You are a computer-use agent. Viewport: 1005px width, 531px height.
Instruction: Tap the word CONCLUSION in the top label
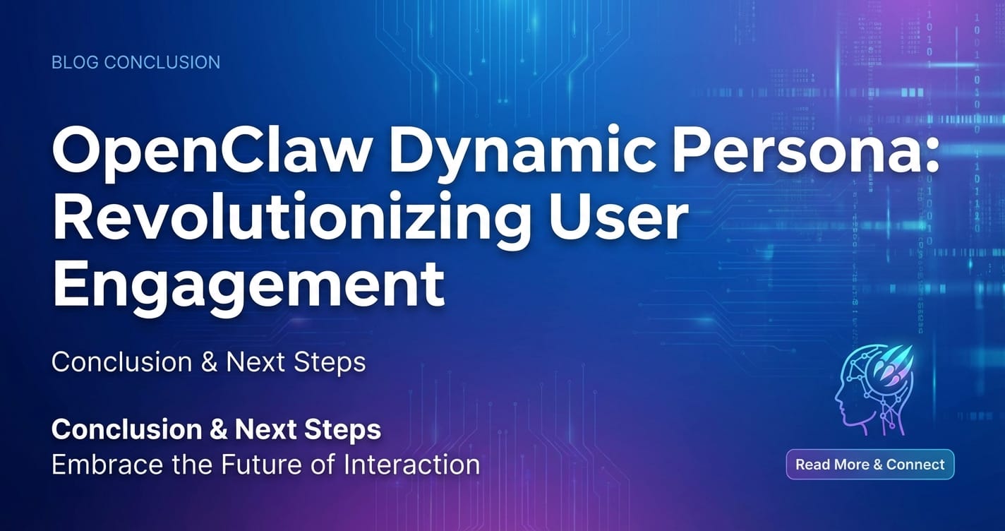(x=162, y=62)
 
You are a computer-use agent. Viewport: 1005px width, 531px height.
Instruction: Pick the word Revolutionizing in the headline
(x=290, y=220)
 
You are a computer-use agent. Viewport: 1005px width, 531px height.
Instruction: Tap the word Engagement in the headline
(x=249, y=285)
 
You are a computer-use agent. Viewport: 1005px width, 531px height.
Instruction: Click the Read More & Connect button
(x=870, y=465)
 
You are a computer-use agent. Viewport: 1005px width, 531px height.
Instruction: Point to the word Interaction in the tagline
(x=412, y=465)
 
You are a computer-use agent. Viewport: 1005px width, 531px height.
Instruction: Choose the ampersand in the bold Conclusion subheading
(x=219, y=429)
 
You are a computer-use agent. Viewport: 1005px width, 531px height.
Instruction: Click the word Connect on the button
(x=915, y=465)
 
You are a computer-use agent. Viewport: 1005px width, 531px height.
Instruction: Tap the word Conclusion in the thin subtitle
(x=122, y=362)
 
